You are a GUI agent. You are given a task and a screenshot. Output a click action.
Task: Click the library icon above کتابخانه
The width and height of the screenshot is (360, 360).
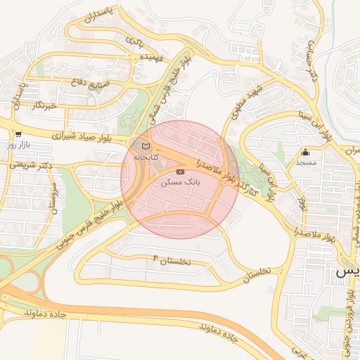146,146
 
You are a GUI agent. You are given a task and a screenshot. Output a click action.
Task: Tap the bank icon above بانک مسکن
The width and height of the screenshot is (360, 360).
180,171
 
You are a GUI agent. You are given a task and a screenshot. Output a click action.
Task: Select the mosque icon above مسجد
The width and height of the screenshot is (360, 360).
305,152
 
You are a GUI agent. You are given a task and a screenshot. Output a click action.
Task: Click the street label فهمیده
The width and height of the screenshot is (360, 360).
151,56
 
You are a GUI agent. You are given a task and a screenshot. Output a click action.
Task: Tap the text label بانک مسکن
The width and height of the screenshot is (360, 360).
181,181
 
